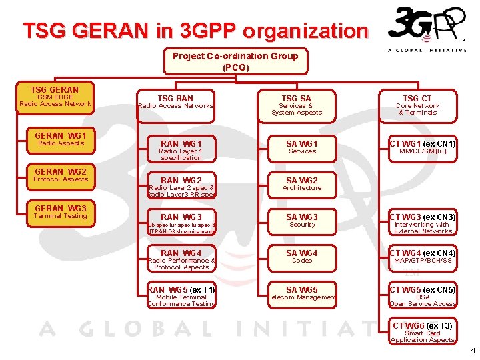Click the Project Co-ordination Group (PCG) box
[x=235, y=61]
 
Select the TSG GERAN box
[x=55, y=97]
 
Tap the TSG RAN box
[x=176, y=104]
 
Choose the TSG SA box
[x=296, y=104]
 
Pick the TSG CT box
[x=417, y=104]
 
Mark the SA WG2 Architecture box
[x=301, y=184]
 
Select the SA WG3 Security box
[x=301, y=221]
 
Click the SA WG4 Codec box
[x=301, y=257]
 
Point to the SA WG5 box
[x=301, y=293]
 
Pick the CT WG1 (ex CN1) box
[x=423, y=147]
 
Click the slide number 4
[x=472, y=350]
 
